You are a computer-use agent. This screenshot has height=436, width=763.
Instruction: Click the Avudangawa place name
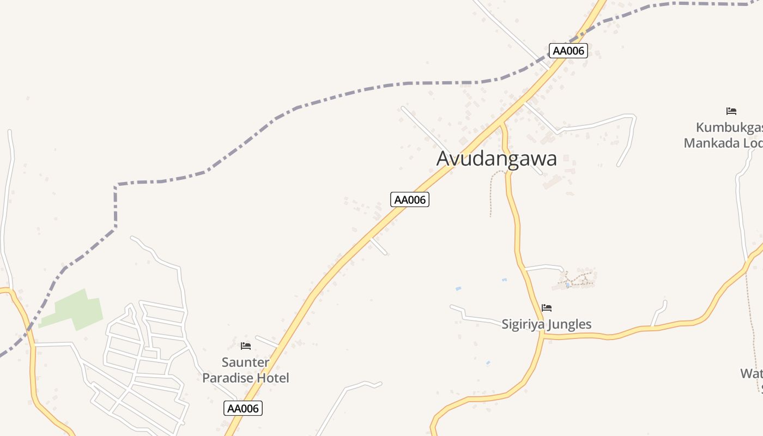pyautogui.click(x=496, y=159)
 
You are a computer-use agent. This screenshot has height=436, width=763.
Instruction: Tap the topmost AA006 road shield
pyautogui.click(x=568, y=51)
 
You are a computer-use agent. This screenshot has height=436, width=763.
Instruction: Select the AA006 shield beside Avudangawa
pyautogui.click(x=410, y=199)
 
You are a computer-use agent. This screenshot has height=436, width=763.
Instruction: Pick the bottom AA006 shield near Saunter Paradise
pyautogui.click(x=243, y=408)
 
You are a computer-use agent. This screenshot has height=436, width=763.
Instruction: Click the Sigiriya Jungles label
pyautogui.click(x=546, y=324)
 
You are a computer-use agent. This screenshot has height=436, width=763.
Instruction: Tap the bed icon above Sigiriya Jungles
pyautogui.click(x=547, y=308)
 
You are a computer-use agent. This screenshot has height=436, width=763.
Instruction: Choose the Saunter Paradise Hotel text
pyautogui.click(x=246, y=370)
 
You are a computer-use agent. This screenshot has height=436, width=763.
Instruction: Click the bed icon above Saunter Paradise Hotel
pyautogui.click(x=246, y=346)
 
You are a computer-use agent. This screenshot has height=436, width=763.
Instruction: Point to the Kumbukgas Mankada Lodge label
pyautogui.click(x=724, y=135)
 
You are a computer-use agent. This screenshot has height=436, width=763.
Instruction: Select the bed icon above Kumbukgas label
pyautogui.click(x=731, y=111)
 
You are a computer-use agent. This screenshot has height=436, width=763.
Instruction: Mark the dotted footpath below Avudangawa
pyautogui.click(x=492, y=191)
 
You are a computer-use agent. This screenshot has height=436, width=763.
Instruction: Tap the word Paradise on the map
pyautogui.click(x=229, y=378)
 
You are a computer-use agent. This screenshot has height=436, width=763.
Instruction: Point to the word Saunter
pyautogui.click(x=245, y=362)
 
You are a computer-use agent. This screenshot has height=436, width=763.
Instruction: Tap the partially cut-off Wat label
pyautogui.click(x=751, y=373)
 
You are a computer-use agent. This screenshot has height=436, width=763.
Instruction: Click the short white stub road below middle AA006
pyautogui.click(x=379, y=246)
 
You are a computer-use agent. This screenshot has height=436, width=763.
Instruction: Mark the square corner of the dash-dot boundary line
pyautogui.click(x=116, y=185)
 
